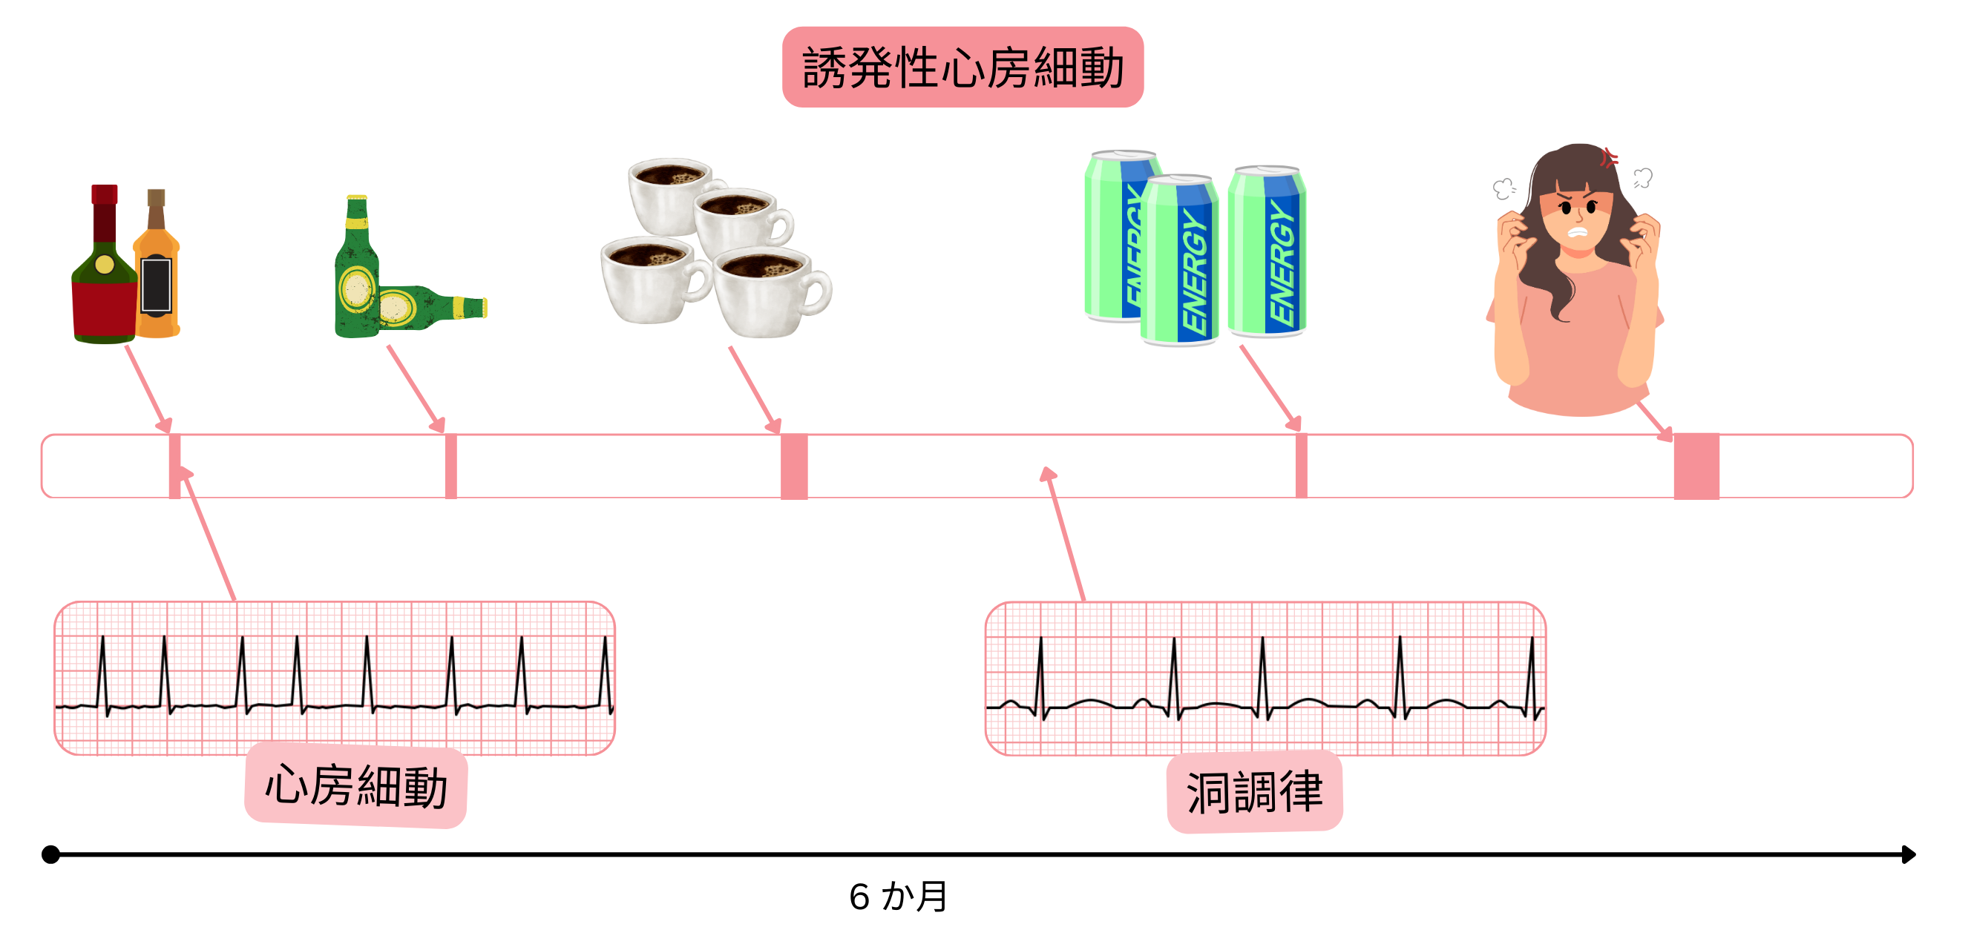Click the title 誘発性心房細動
coord(962,67)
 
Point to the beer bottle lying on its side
coord(428,309)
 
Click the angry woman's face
coord(1578,218)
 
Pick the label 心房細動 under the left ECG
coord(355,785)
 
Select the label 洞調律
coord(1254,791)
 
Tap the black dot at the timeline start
coord(50,854)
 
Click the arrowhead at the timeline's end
coord(1909,854)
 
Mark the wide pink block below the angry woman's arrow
coord(1696,466)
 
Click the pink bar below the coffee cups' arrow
coord(793,466)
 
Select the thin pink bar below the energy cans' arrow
coord(1301,466)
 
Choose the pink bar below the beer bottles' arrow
coord(450,466)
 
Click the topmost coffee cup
coord(671,194)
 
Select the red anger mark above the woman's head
coord(1609,158)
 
